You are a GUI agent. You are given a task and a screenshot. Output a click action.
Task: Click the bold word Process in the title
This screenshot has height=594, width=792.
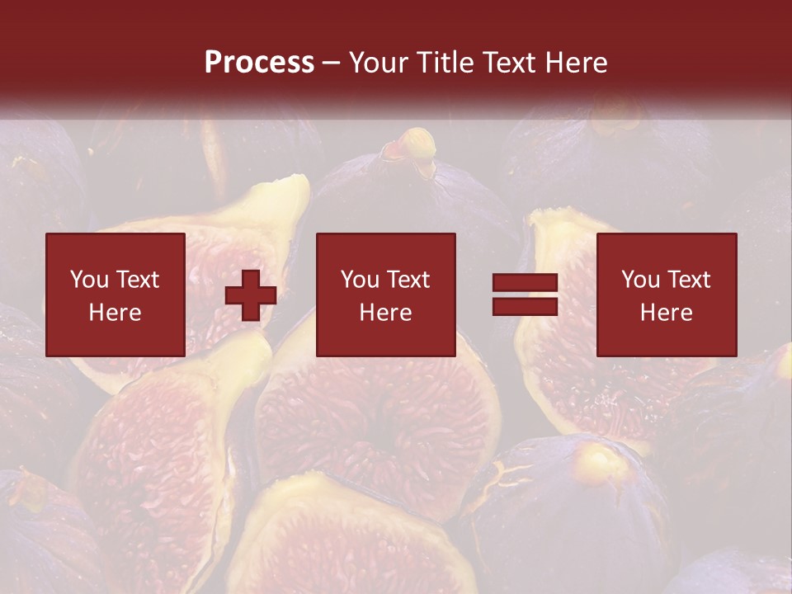click(259, 63)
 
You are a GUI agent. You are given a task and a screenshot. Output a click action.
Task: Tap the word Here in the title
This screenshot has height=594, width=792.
click(577, 63)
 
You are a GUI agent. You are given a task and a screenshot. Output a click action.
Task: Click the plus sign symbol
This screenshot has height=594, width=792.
click(251, 295)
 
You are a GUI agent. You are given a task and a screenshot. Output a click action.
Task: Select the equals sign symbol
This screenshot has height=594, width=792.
click(525, 295)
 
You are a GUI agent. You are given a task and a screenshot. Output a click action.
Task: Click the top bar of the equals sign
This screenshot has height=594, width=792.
click(525, 282)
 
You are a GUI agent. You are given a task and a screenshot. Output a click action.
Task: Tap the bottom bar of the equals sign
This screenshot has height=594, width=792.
click(525, 306)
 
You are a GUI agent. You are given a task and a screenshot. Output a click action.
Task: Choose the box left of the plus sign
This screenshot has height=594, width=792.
click(115, 295)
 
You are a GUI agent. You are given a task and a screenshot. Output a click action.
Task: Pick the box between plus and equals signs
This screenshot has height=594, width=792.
click(385, 295)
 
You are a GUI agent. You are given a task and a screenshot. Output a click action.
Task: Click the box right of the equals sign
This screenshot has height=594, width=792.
click(666, 295)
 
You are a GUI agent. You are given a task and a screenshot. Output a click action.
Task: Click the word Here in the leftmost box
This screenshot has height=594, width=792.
click(115, 313)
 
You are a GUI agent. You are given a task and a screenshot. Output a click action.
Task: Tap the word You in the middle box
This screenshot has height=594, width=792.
click(360, 280)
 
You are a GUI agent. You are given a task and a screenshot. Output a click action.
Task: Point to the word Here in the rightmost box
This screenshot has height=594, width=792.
click(666, 313)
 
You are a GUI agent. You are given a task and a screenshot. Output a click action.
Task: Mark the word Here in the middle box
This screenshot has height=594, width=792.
click(385, 313)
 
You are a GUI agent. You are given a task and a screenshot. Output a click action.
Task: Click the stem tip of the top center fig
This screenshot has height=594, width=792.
click(419, 142)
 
